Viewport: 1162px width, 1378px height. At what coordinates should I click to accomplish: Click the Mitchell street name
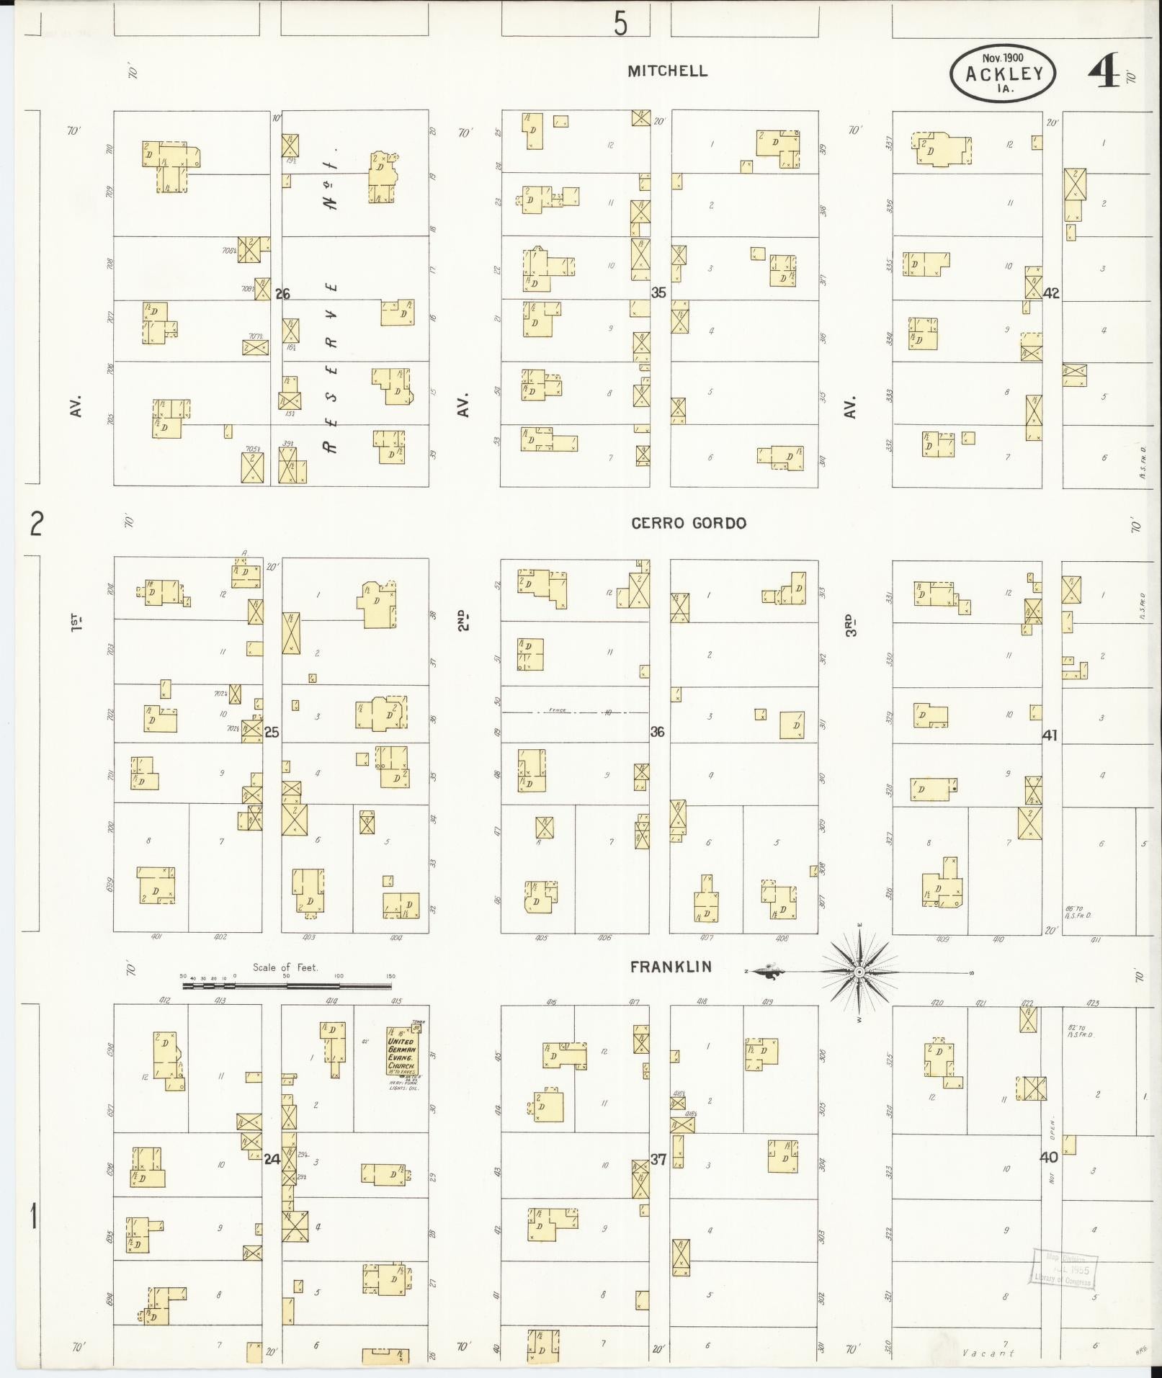click(x=667, y=71)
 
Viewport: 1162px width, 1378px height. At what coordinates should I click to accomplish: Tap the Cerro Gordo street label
click(x=689, y=524)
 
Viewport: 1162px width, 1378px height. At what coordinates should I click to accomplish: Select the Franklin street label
click(x=671, y=967)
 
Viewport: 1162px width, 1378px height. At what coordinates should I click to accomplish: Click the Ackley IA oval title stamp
click(x=1002, y=73)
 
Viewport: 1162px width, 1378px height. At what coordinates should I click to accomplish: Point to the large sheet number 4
click(x=1102, y=72)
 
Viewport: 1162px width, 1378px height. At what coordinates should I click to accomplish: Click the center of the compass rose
click(x=859, y=972)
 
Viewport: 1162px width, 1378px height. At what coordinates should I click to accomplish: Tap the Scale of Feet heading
click(x=285, y=967)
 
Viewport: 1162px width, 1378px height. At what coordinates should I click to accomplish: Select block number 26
click(x=282, y=294)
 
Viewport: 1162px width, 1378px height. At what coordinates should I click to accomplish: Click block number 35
click(x=658, y=292)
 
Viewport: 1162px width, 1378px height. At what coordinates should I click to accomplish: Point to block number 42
click(x=1051, y=293)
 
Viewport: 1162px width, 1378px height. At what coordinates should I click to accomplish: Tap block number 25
click(x=272, y=733)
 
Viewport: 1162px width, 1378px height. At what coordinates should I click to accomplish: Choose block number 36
click(x=657, y=732)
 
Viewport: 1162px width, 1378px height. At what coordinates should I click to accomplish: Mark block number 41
click(x=1050, y=735)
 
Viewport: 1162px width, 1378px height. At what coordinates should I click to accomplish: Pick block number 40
click(x=1049, y=1158)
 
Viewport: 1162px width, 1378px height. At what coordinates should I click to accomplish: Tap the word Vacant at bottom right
click(x=988, y=1354)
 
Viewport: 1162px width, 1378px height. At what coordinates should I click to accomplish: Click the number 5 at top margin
click(x=620, y=25)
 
